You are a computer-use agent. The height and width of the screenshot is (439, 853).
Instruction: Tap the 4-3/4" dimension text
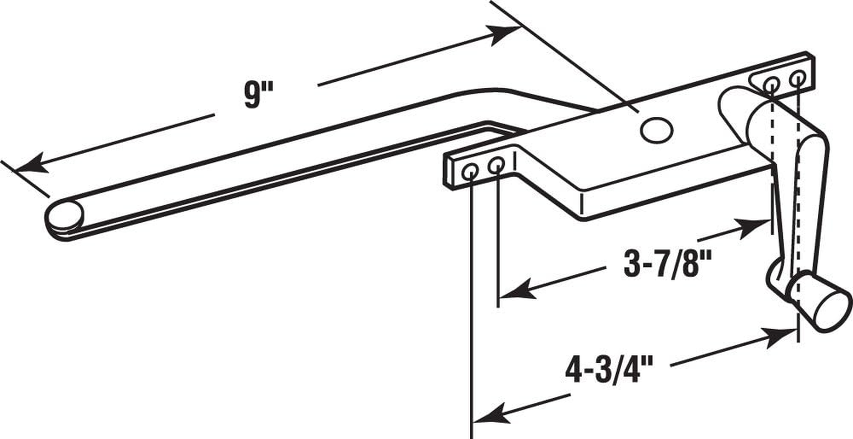pos(609,370)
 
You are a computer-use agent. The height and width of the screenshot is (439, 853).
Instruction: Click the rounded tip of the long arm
pos(65,215)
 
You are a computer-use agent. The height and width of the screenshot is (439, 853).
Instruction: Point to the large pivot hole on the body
pos(656,131)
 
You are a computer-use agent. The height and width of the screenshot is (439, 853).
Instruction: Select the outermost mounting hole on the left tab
pos(470,172)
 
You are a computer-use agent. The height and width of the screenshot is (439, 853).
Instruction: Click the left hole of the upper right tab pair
pos(771,85)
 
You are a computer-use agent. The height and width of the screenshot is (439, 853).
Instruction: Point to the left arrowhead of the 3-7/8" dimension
pos(515,291)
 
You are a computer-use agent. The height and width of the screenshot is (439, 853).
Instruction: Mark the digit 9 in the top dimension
pos(251,95)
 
